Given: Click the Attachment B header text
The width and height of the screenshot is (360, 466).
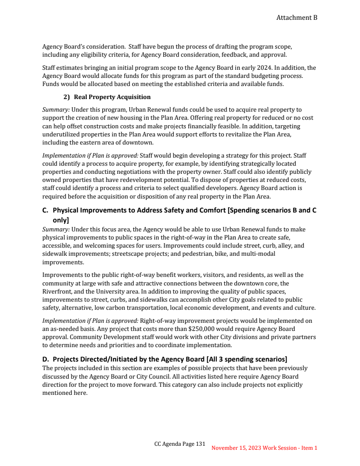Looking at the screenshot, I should click(x=297, y=18).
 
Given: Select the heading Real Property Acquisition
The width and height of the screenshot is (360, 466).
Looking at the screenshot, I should click(x=112, y=97).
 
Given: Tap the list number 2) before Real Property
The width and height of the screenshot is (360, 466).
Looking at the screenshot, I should click(x=67, y=97).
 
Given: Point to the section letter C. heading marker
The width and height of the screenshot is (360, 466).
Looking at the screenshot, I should click(x=45, y=210).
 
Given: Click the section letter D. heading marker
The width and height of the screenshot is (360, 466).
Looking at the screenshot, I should click(x=45, y=359).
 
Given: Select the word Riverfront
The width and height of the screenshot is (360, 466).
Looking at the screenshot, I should click(x=56, y=291).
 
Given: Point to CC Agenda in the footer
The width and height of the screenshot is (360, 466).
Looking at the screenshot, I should click(x=167, y=444).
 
